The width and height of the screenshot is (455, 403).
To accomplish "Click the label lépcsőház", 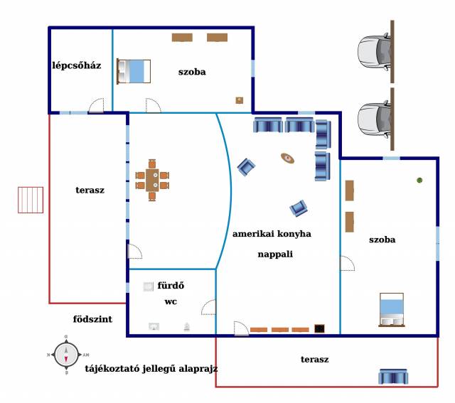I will click(x=77, y=65).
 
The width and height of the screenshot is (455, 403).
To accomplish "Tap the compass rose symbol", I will click(x=66, y=353).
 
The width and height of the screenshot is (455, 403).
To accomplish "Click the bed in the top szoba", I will click(x=134, y=71).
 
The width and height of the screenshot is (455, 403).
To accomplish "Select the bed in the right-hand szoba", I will click(x=391, y=309).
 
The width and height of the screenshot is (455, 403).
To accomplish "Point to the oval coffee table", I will click(x=288, y=158).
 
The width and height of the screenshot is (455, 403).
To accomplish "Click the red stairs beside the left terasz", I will click(x=29, y=200).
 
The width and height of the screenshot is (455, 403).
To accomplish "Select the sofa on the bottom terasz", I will click(x=392, y=376).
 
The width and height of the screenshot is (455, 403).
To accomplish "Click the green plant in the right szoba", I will click(x=420, y=181).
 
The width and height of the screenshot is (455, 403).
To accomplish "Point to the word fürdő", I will click(x=171, y=286).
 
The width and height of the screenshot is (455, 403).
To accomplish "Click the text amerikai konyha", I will click(x=272, y=233).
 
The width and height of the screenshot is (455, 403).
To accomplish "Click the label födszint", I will click(x=92, y=320).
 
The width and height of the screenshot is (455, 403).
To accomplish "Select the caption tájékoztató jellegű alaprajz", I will click(x=151, y=369).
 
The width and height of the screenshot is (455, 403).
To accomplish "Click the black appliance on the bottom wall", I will click(x=320, y=328).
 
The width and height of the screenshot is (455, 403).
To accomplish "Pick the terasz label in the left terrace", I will click(x=90, y=190).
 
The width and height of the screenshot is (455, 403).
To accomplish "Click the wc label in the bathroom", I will click(x=171, y=302).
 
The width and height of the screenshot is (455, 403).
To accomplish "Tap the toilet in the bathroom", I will click(x=187, y=327).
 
